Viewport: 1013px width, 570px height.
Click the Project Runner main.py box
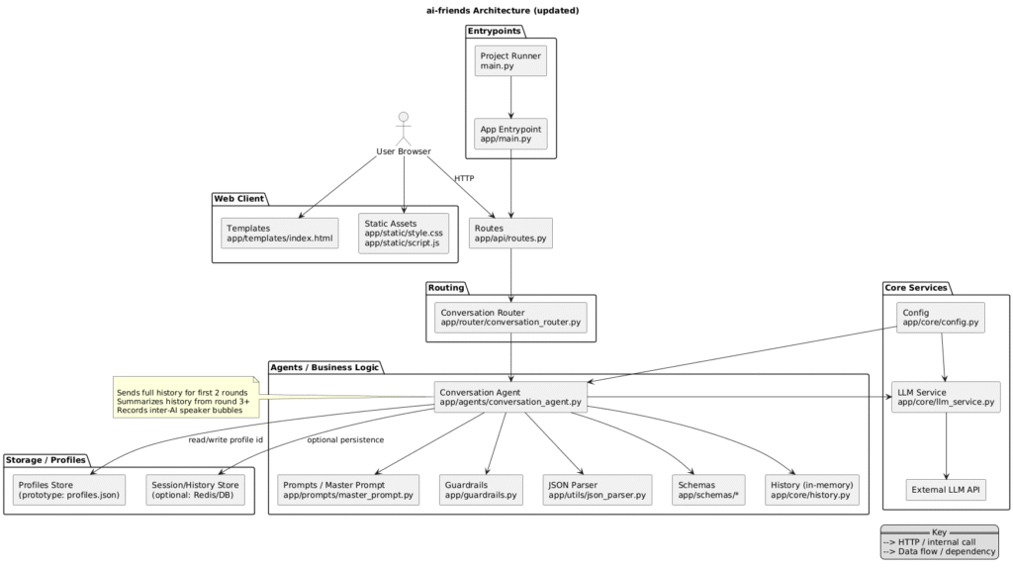tap(509, 62)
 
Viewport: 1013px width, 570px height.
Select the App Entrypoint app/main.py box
tap(509, 134)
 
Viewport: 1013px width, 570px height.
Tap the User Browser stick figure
tap(404, 127)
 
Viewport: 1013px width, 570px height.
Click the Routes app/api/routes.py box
tap(509, 233)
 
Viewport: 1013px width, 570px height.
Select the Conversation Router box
tap(509, 318)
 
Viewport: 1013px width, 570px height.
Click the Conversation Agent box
tap(510, 397)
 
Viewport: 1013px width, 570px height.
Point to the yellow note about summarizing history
tap(185, 401)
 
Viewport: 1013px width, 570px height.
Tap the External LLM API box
tap(947, 489)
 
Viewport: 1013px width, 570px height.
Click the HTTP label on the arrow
tap(463, 178)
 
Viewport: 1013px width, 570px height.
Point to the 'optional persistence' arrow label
tap(344, 439)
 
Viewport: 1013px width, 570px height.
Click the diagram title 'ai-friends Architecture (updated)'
tap(506, 10)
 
